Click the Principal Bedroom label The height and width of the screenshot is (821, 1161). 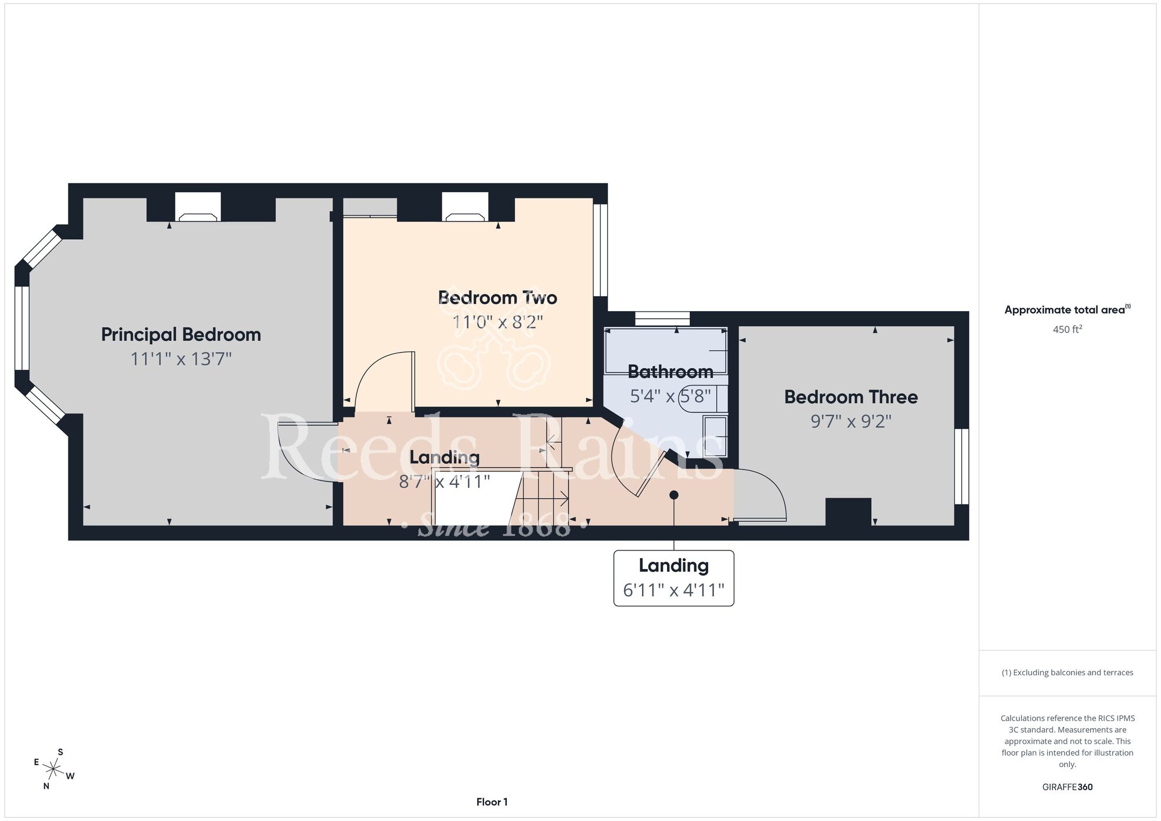point(181,335)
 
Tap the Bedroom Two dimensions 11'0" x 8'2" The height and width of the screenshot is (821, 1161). point(497,322)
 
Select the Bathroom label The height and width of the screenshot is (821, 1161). point(670,372)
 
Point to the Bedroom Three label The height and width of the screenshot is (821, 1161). point(851,397)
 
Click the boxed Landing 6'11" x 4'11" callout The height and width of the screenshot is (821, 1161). point(674,578)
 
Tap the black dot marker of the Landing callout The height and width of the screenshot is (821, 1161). point(674,495)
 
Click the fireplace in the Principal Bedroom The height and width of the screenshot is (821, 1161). point(198,207)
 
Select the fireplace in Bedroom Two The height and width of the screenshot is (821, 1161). point(465,207)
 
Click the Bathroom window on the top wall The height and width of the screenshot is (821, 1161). point(662,319)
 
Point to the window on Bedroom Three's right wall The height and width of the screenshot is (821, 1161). point(962,466)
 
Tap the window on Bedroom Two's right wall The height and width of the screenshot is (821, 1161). point(600,250)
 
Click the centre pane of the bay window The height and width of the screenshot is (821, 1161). point(22,328)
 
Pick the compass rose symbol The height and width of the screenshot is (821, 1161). point(53,770)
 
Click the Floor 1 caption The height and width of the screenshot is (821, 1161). point(492,802)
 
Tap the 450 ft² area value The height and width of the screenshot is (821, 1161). point(1067,329)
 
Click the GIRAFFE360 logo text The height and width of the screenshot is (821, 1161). point(1067,787)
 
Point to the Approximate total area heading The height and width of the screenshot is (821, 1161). point(1067,309)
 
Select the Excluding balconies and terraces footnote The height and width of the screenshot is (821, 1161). point(1067,672)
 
